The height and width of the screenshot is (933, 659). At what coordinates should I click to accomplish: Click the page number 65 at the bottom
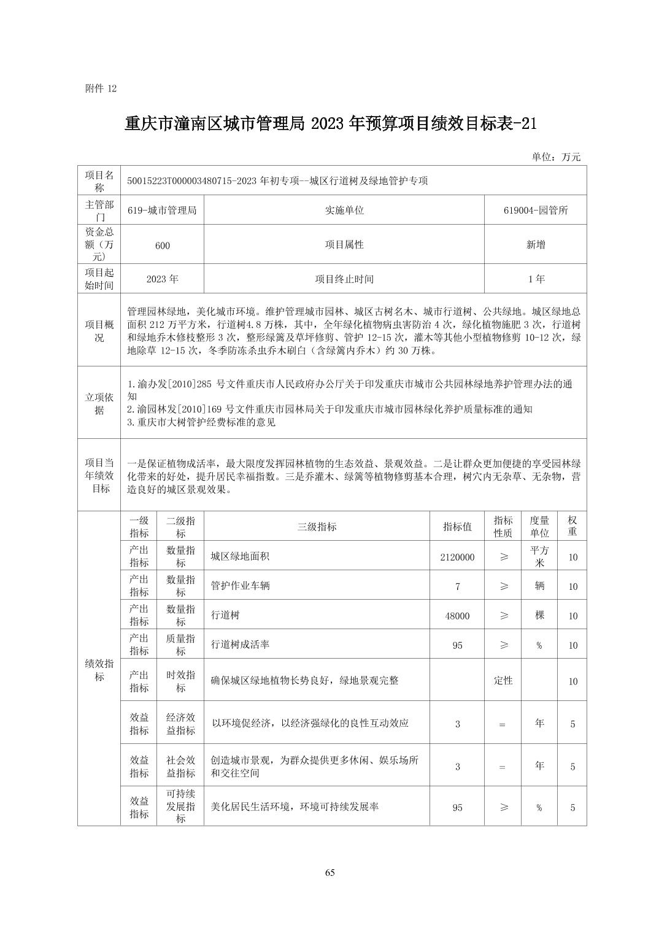(329, 873)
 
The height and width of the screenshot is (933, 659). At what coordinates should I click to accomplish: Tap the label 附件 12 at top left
(101, 88)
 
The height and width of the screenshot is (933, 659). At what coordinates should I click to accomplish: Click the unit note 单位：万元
(555, 157)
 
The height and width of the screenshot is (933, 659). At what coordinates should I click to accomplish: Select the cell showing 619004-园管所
(535, 210)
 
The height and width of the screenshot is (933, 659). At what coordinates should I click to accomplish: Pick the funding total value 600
(162, 245)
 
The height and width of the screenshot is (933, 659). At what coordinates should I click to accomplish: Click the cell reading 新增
(535, 244)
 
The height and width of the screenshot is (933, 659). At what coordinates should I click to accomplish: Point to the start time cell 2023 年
(162, 279)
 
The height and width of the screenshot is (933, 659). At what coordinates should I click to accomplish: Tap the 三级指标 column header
(317, 527)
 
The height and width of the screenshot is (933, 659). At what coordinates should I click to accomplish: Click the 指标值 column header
(457, 527)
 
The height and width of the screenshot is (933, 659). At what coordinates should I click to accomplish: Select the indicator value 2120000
(457, 557)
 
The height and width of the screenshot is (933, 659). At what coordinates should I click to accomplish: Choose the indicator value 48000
(457, 616)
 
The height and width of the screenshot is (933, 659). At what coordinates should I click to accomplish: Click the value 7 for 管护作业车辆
(457, 586)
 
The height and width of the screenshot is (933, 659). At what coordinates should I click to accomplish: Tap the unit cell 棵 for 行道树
(539, 615)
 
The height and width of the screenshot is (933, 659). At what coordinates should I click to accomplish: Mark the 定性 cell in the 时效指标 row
(503, 680)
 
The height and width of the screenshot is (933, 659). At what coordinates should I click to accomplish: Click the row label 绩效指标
(99, 670)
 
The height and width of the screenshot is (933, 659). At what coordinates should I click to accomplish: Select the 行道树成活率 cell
(241, 645)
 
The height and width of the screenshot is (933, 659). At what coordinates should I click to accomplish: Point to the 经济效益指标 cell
(180, 724)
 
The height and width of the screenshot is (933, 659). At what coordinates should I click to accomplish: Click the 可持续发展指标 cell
(180, 806)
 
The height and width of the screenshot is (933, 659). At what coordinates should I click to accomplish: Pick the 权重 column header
(572, 526)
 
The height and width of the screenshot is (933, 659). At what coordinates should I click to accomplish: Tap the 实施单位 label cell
(344, 210)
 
